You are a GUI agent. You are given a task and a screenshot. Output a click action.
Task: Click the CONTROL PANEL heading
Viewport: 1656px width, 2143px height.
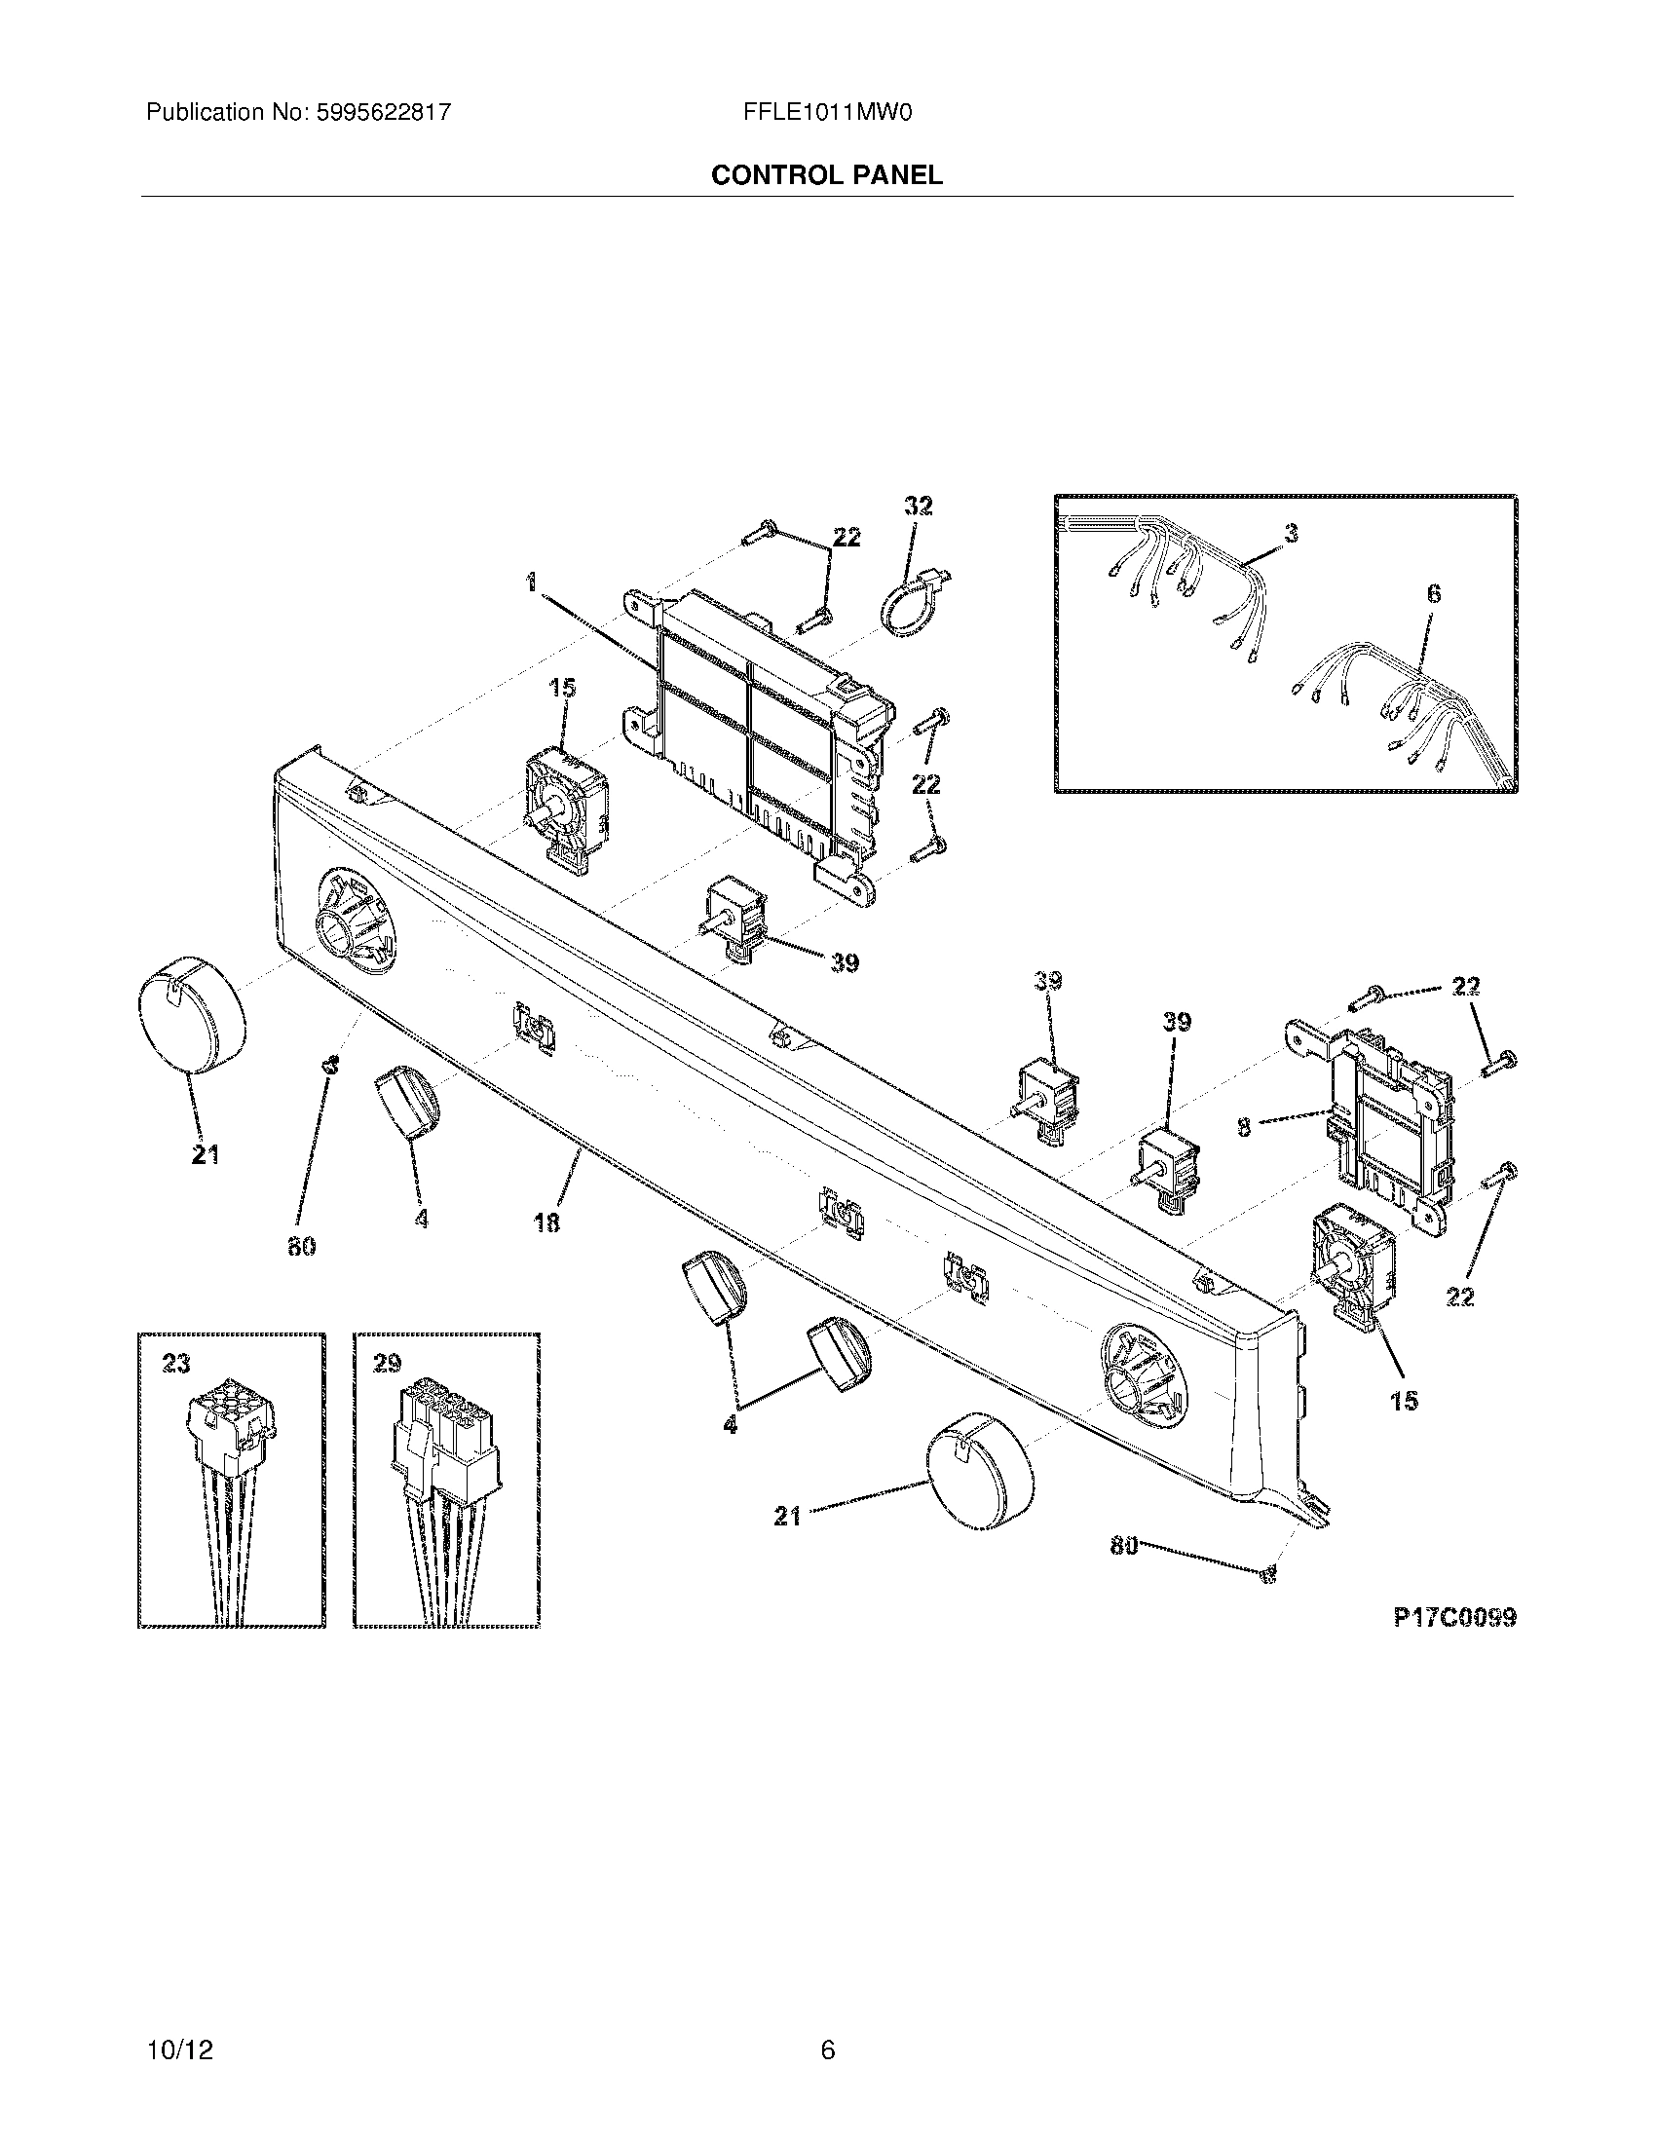click(x=826, y=174)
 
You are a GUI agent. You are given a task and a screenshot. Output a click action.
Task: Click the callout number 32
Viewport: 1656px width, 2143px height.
click(x=918, y=506)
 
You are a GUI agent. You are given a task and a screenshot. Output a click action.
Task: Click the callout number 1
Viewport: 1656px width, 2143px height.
click(x=531, y=583)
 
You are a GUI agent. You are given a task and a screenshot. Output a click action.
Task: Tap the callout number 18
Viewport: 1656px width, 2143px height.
click(x=547, y=1222)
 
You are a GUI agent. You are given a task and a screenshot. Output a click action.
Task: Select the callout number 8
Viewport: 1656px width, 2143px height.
click(x=1244, y=1128)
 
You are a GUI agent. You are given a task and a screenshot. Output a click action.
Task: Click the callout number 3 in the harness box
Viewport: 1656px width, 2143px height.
click(x=1291, y=533)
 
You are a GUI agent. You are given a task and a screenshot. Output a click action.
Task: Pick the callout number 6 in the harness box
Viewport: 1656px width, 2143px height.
click(x=1433, y=592)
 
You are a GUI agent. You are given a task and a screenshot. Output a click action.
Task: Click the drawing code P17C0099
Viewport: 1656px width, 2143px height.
click(x=1454, y=1616)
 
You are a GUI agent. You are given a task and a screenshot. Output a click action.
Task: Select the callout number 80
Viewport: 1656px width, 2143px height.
click(x=1124, y=1546)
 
